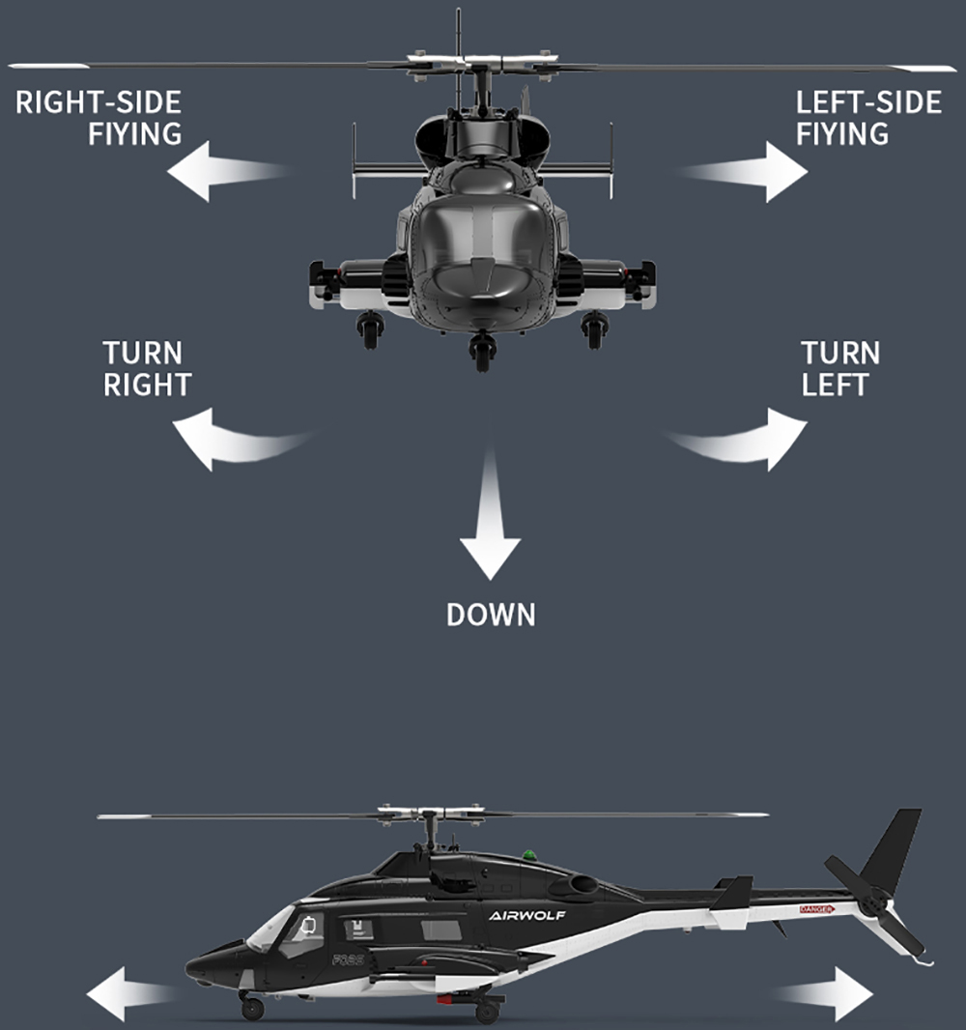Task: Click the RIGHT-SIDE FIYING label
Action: tap(99, 118)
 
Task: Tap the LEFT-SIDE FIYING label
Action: tap(868, 118)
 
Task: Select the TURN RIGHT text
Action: tap(147, 368)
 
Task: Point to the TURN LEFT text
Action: tap(840, 368)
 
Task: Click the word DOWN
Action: tap(491, 615)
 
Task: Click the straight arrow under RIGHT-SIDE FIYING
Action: tap(228, 171)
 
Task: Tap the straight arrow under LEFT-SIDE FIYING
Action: tap(743, 171)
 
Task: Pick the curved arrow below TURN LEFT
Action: tap(735, 440)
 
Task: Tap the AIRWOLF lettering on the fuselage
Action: tap(526, 916)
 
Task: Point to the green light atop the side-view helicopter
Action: tap(529, 854)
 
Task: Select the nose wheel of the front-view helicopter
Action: tap(483, 352)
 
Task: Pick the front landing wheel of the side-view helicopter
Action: tap(253, 1008)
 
